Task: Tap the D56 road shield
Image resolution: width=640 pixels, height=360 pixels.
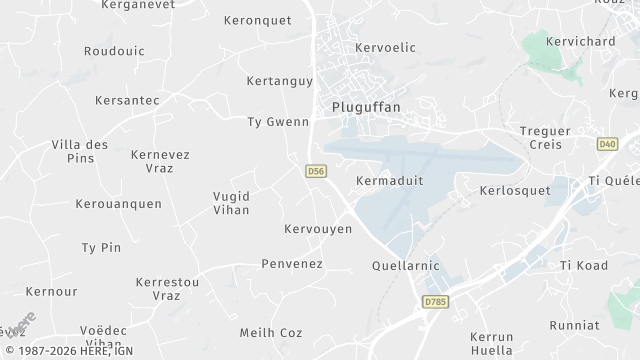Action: point(316,172)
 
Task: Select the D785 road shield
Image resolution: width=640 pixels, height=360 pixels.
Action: point(434,301)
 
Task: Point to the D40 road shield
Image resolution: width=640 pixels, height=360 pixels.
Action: point(607,144)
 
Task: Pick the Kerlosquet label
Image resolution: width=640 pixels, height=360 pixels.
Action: point(515,189)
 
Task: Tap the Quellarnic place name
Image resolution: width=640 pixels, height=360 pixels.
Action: point(405,267)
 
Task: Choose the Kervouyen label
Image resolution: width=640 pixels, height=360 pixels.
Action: point(318,229)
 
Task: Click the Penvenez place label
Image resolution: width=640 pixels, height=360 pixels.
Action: point(291,264)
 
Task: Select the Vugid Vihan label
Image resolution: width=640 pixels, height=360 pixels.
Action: point(232,202)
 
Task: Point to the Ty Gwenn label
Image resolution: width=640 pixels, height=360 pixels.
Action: point(278,122)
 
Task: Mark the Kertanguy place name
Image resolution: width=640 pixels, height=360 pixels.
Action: point(279,81)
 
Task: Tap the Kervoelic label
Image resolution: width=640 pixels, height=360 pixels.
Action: point(386,47)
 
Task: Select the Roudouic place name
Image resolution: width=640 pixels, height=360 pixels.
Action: point(114,51)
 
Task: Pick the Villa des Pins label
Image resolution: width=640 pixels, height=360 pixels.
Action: point(80,151)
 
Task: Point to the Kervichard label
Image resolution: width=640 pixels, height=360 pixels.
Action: point(580,41)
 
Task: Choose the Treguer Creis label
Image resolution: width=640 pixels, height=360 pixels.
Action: point(541,138)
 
